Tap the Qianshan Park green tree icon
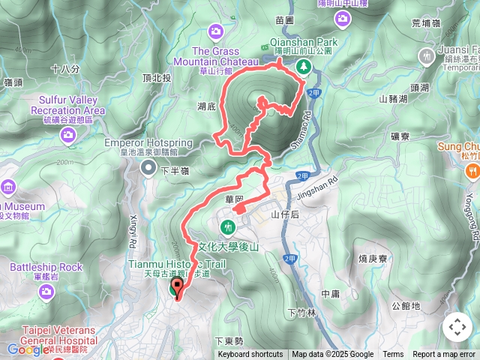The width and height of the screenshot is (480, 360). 304,67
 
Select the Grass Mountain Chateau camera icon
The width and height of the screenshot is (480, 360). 216,31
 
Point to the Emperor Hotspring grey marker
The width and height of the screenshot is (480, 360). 147,166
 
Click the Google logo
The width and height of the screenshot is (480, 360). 28,349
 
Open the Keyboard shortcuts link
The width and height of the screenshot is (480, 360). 250,355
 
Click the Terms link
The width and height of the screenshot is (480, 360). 393,355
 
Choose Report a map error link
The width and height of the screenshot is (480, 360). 445,355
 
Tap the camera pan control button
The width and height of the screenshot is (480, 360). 457,327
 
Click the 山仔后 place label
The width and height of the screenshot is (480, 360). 285,214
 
